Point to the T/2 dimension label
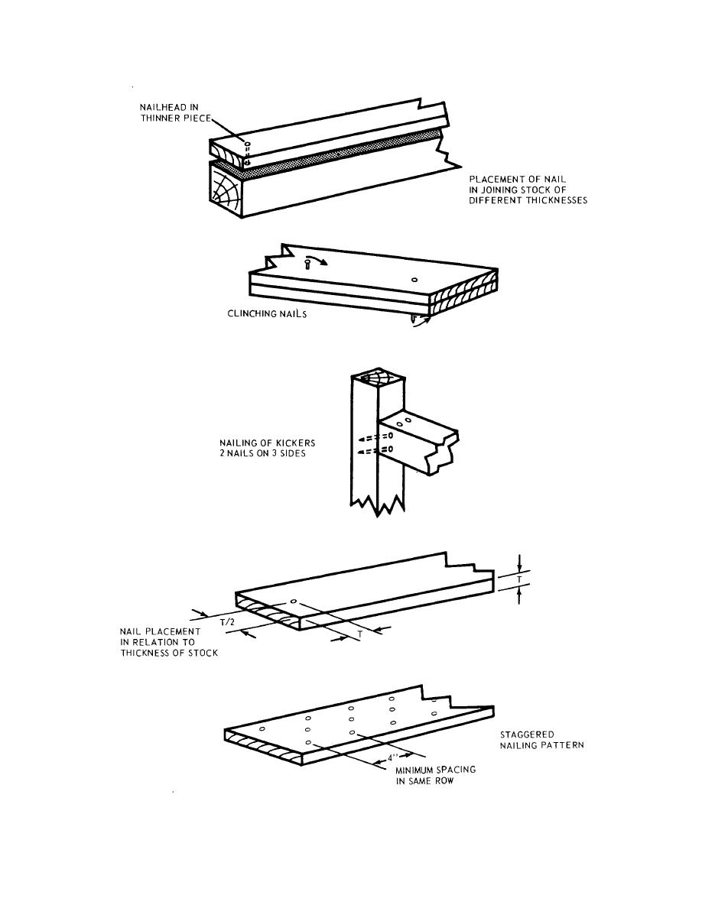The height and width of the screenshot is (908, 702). tap(228, 622)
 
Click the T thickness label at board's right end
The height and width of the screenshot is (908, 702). tap(520, 581)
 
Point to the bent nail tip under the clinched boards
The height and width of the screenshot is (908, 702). tap(414, 319)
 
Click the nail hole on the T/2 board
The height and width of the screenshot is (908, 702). tap(294, 602)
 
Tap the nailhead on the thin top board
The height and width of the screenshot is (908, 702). tap(246, 143)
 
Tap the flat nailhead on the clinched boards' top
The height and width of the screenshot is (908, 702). tap(414, 280)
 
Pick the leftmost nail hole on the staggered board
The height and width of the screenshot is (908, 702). tap(262, 729)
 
